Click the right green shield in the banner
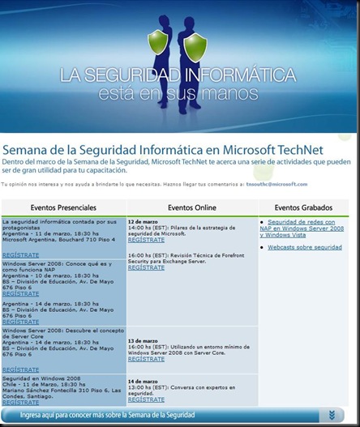(195, 46)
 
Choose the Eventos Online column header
(191, 207)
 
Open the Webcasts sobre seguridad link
(305, 247)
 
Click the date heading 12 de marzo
(144, 221)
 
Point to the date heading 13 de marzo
(144, 341)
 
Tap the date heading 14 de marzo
(144, 380)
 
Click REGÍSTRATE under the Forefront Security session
(146, 267)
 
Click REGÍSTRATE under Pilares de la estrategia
(146, 241)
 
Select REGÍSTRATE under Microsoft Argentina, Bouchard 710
(20, 254)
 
